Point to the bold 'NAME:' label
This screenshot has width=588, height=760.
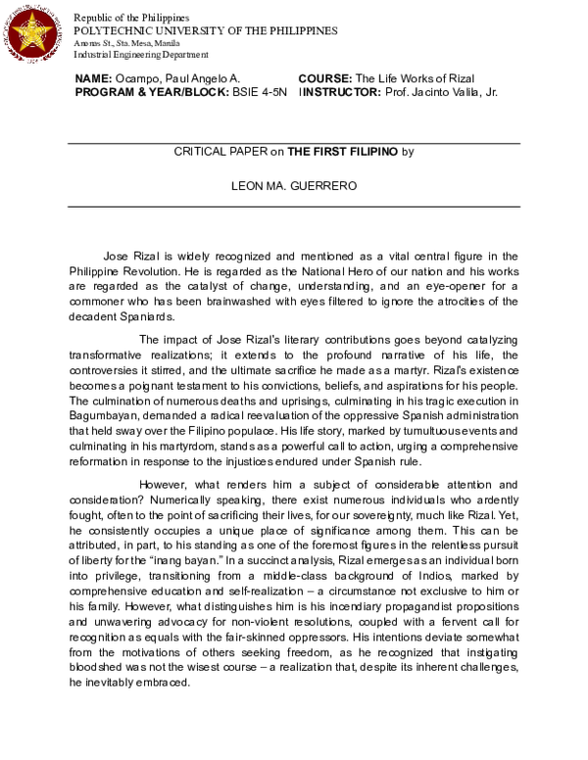point(94,77)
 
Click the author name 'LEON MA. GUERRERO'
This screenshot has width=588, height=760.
point(294,183)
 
